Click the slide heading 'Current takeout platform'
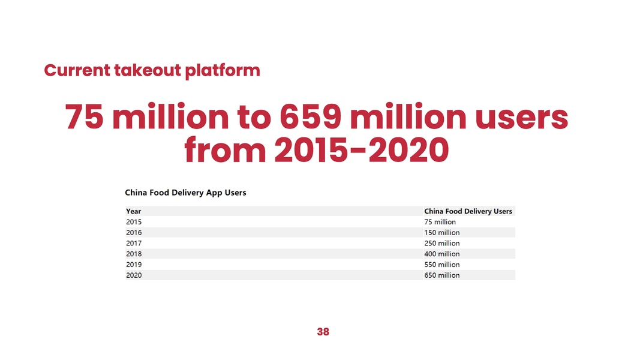(152, 71)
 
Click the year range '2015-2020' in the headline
(361, 150)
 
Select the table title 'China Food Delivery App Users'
(185, 193)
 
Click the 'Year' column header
(134, 211)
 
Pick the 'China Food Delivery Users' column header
(468, 211)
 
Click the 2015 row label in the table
(134, 222)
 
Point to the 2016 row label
(134, 233)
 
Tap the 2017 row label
(134, 244)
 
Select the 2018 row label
(134, 254)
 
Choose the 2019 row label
(134, 265)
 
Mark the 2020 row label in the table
(134, 275)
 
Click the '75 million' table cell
(440, 222)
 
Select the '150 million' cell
(441, 233)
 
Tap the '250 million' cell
(441, 244)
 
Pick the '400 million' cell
(441, 254)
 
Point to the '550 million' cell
(441, 265)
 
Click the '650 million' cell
(441, 275)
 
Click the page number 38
(323, 332)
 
